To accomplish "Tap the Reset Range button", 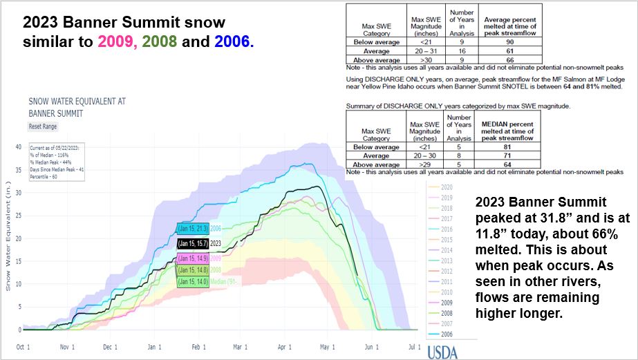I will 44,127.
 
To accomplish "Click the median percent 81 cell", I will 513,147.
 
